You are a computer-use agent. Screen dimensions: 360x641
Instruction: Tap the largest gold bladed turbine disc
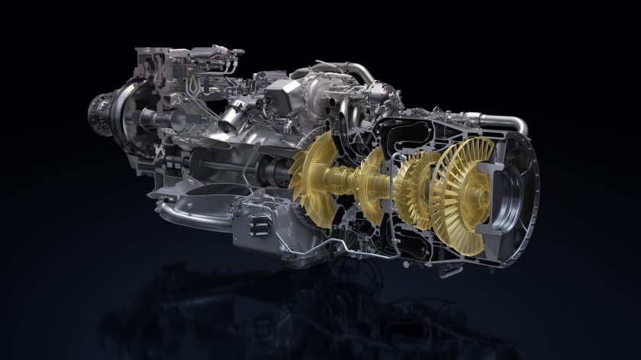458,200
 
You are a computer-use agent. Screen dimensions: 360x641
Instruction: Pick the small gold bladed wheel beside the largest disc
412,191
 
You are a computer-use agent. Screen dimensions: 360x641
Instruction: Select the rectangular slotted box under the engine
256,221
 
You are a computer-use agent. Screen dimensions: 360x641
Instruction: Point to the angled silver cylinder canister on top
233,115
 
